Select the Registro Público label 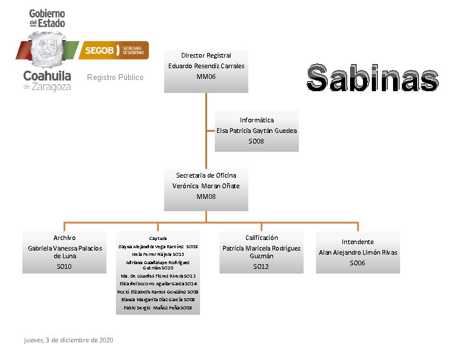click(x=115, y=78)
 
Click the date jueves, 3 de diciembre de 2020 click(x=69, y=341)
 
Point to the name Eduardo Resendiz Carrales click(x=206, y=66)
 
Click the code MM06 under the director click(x=206, y=76)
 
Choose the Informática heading click(x=257, y=120)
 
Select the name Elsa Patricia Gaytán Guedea click(x=257, y=131)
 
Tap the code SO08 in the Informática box click(x=257, y=141)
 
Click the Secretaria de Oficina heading click(x=206, y=175)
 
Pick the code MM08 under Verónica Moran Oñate click(x=206, y=196)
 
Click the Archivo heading click(x=65, y=238)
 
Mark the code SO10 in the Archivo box click(x=65, y=266)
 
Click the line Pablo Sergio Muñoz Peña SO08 click(x=158, y=308)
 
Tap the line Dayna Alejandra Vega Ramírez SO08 click(x=158, y=246)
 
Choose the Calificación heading click(x=261, y=238)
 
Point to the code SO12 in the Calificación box click(x=261, y=266)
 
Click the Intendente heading click(x=358, y=242)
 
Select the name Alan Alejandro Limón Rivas click(x=358, y=252)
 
